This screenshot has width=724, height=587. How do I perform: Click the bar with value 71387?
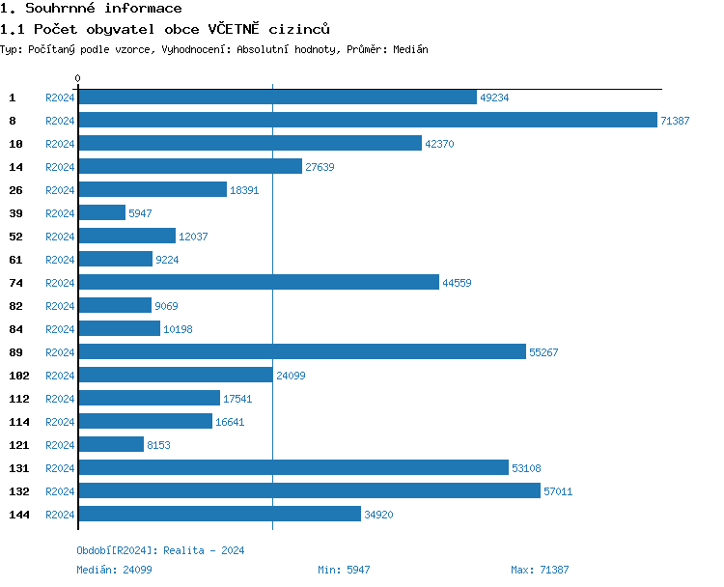click(367, 121)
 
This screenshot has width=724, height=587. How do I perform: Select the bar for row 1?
click(277, 98)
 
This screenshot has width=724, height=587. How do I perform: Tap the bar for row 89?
click(301, 352)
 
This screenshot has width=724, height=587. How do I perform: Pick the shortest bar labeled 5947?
click(101, 213)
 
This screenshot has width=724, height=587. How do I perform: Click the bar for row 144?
click(219, 515)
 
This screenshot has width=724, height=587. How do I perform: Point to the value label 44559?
click(457, 283)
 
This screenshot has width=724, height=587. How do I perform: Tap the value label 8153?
click(161, 445)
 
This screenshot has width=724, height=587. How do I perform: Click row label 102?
click(19, 376)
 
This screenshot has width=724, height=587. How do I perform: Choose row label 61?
click(15, 260)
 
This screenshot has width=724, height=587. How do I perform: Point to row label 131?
click(19, 468)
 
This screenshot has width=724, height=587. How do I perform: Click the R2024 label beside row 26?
click(60, 190)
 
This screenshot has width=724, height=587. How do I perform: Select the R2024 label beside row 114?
click(60, 422)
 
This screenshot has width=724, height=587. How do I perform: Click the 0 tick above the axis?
click(78, 78)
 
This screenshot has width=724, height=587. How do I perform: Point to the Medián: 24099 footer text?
click(114, 570)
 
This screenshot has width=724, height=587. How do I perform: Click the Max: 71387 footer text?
click(540, 570)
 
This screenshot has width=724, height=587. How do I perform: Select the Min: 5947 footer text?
click(344, 570)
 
